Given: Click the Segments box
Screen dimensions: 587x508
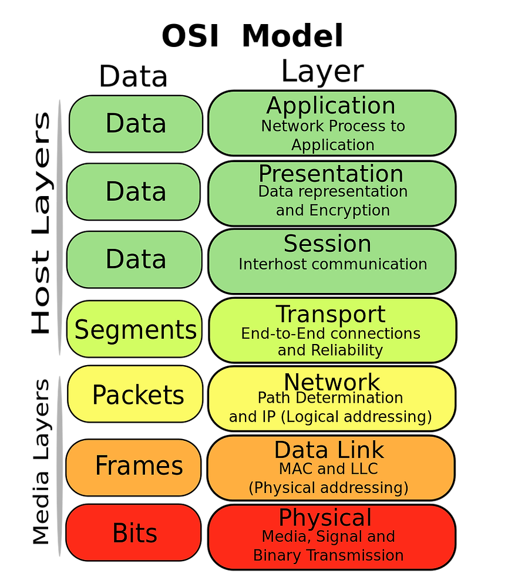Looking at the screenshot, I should (135, 330).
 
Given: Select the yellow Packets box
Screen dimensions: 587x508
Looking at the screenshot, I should (136, 395).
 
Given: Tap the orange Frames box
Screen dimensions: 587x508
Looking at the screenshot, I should (134, 466).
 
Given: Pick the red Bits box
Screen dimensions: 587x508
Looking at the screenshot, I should (134, 533).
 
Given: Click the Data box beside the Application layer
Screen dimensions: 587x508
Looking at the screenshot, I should (136, 124).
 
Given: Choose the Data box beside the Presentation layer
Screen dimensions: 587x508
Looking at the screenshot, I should (134, 192).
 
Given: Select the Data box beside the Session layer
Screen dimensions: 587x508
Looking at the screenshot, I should (134, 259).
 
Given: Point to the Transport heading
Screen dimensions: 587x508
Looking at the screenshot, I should (331, 315).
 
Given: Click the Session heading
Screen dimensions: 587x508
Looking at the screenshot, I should (327, 244).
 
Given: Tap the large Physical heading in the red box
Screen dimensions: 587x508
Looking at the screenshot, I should (325, 518).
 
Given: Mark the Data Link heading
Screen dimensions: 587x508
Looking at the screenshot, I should (329, 450).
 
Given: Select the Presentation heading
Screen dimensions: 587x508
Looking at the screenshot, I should (331, 174).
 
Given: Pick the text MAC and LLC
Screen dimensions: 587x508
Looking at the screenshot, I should (328, 469).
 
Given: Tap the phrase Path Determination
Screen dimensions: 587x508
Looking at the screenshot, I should (331, 398).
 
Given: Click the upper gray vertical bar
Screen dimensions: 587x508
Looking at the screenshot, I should (59, 228).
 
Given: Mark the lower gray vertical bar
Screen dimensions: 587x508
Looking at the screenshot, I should (59, 466).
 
